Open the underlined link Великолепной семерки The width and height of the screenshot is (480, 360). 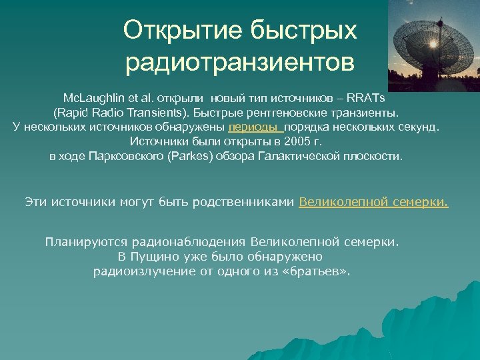tap(373, 201)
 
